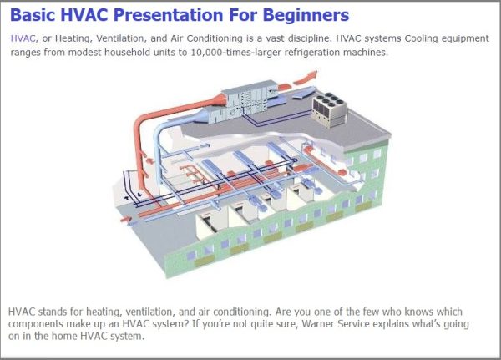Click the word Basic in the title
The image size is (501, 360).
point(34,16)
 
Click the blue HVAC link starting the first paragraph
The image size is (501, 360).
point(23,38)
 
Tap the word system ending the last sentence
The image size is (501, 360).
point(127,337)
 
